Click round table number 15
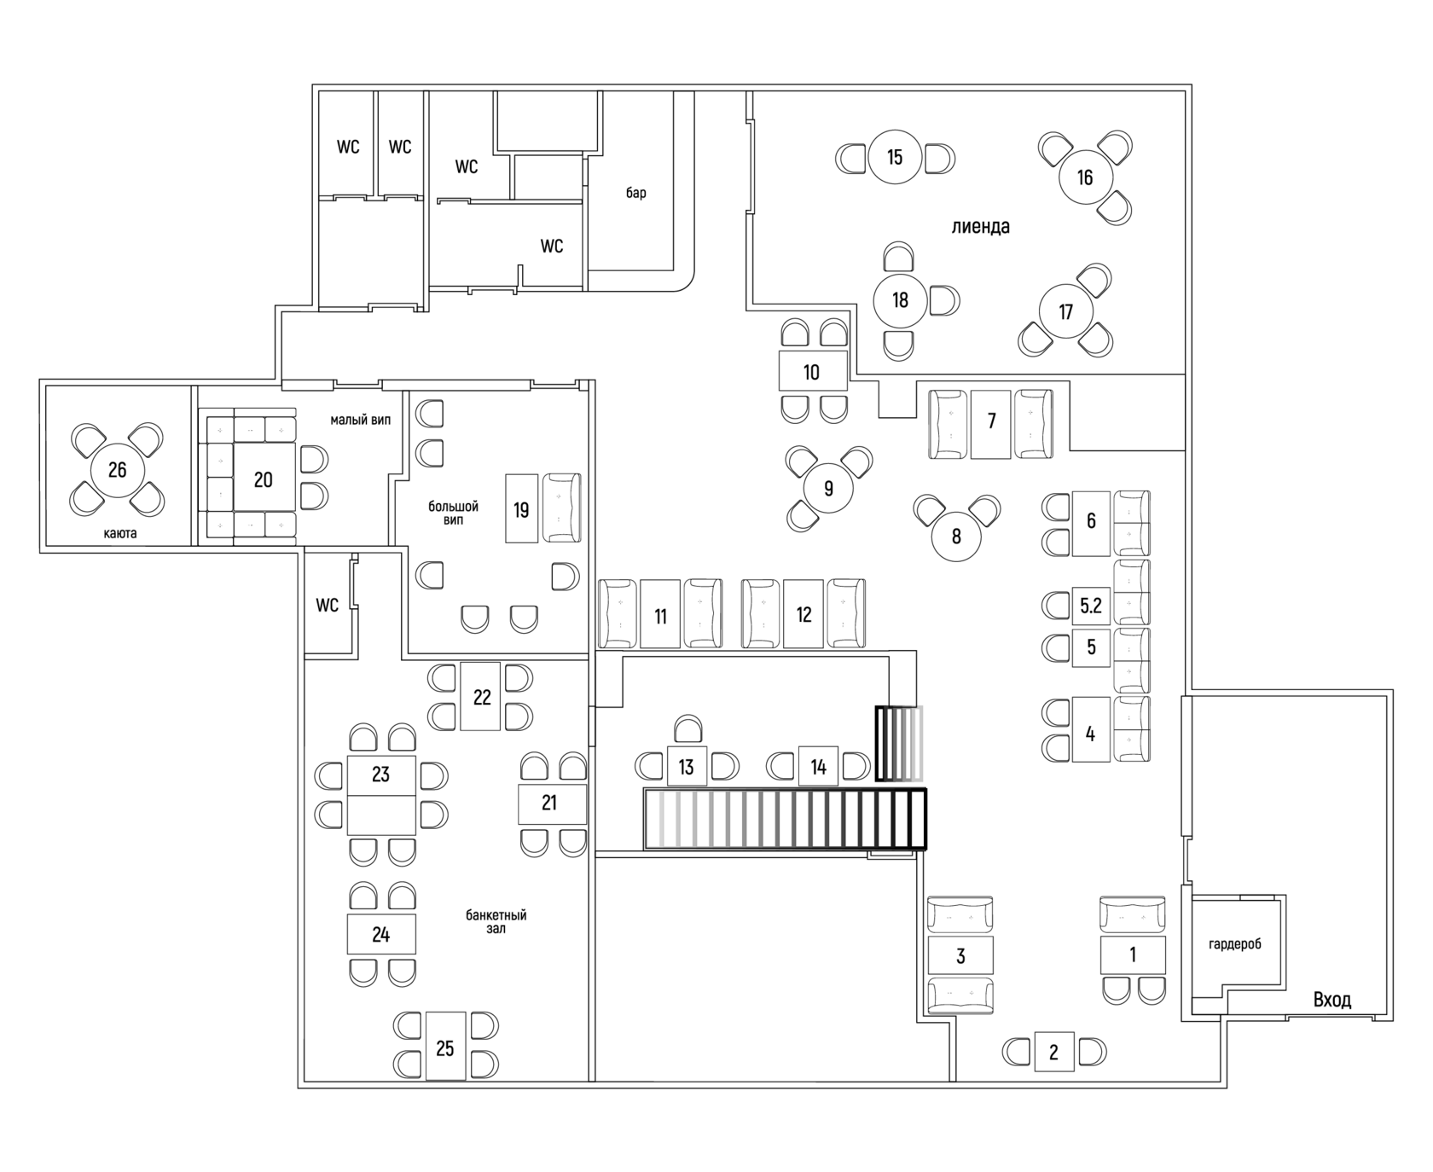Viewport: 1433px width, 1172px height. click(x=894, y=158)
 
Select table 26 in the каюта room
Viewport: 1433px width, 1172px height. click(x=118, y=470)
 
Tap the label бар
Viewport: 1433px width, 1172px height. click(x=636, y=193)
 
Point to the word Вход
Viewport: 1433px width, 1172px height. click(x=1332, y=1000)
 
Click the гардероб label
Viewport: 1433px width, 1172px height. click(x=1234, y=944)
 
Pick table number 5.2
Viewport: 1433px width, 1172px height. click(x=1091, y=606)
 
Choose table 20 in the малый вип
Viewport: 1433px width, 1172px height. click(x=264, y=480)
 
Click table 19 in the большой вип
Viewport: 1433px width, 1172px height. click(x=521, y=509)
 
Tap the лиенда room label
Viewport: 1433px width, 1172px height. click(x=981, y=227)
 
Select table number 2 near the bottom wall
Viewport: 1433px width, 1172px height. click(x=1053, y=1053)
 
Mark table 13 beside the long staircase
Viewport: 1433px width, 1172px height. click(x=687, y=768)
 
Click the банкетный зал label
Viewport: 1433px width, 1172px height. click(x=496, y=921)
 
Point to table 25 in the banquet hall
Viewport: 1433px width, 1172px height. click(x=445, y=1048)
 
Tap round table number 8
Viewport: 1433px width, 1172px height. click(x=956, y=537)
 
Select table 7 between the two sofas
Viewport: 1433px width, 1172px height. click(x=991, y=422)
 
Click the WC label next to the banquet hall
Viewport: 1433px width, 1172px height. click(x=328, y=606)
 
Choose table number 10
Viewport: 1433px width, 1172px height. click(x=811, y=372)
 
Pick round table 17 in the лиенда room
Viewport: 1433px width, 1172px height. click(x=1065, y=312)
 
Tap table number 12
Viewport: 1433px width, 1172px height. click(x=804, y=614)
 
